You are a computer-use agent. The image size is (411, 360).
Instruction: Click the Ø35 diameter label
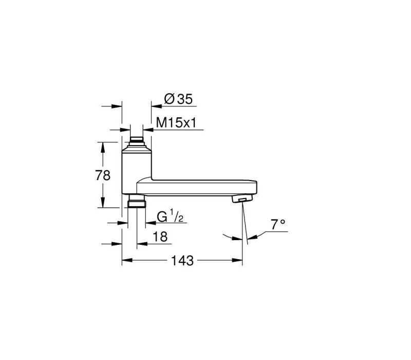pos(178,99)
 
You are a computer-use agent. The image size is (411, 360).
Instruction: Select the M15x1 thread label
pos(176,122)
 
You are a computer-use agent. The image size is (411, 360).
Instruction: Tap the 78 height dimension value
pos(103,175)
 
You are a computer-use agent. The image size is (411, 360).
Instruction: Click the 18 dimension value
pos(160,237)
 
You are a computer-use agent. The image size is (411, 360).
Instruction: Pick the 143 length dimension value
pos(182,261)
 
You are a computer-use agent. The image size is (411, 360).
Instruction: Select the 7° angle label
pos(278,225)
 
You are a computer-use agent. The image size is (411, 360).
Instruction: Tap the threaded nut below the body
pos(137,204)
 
